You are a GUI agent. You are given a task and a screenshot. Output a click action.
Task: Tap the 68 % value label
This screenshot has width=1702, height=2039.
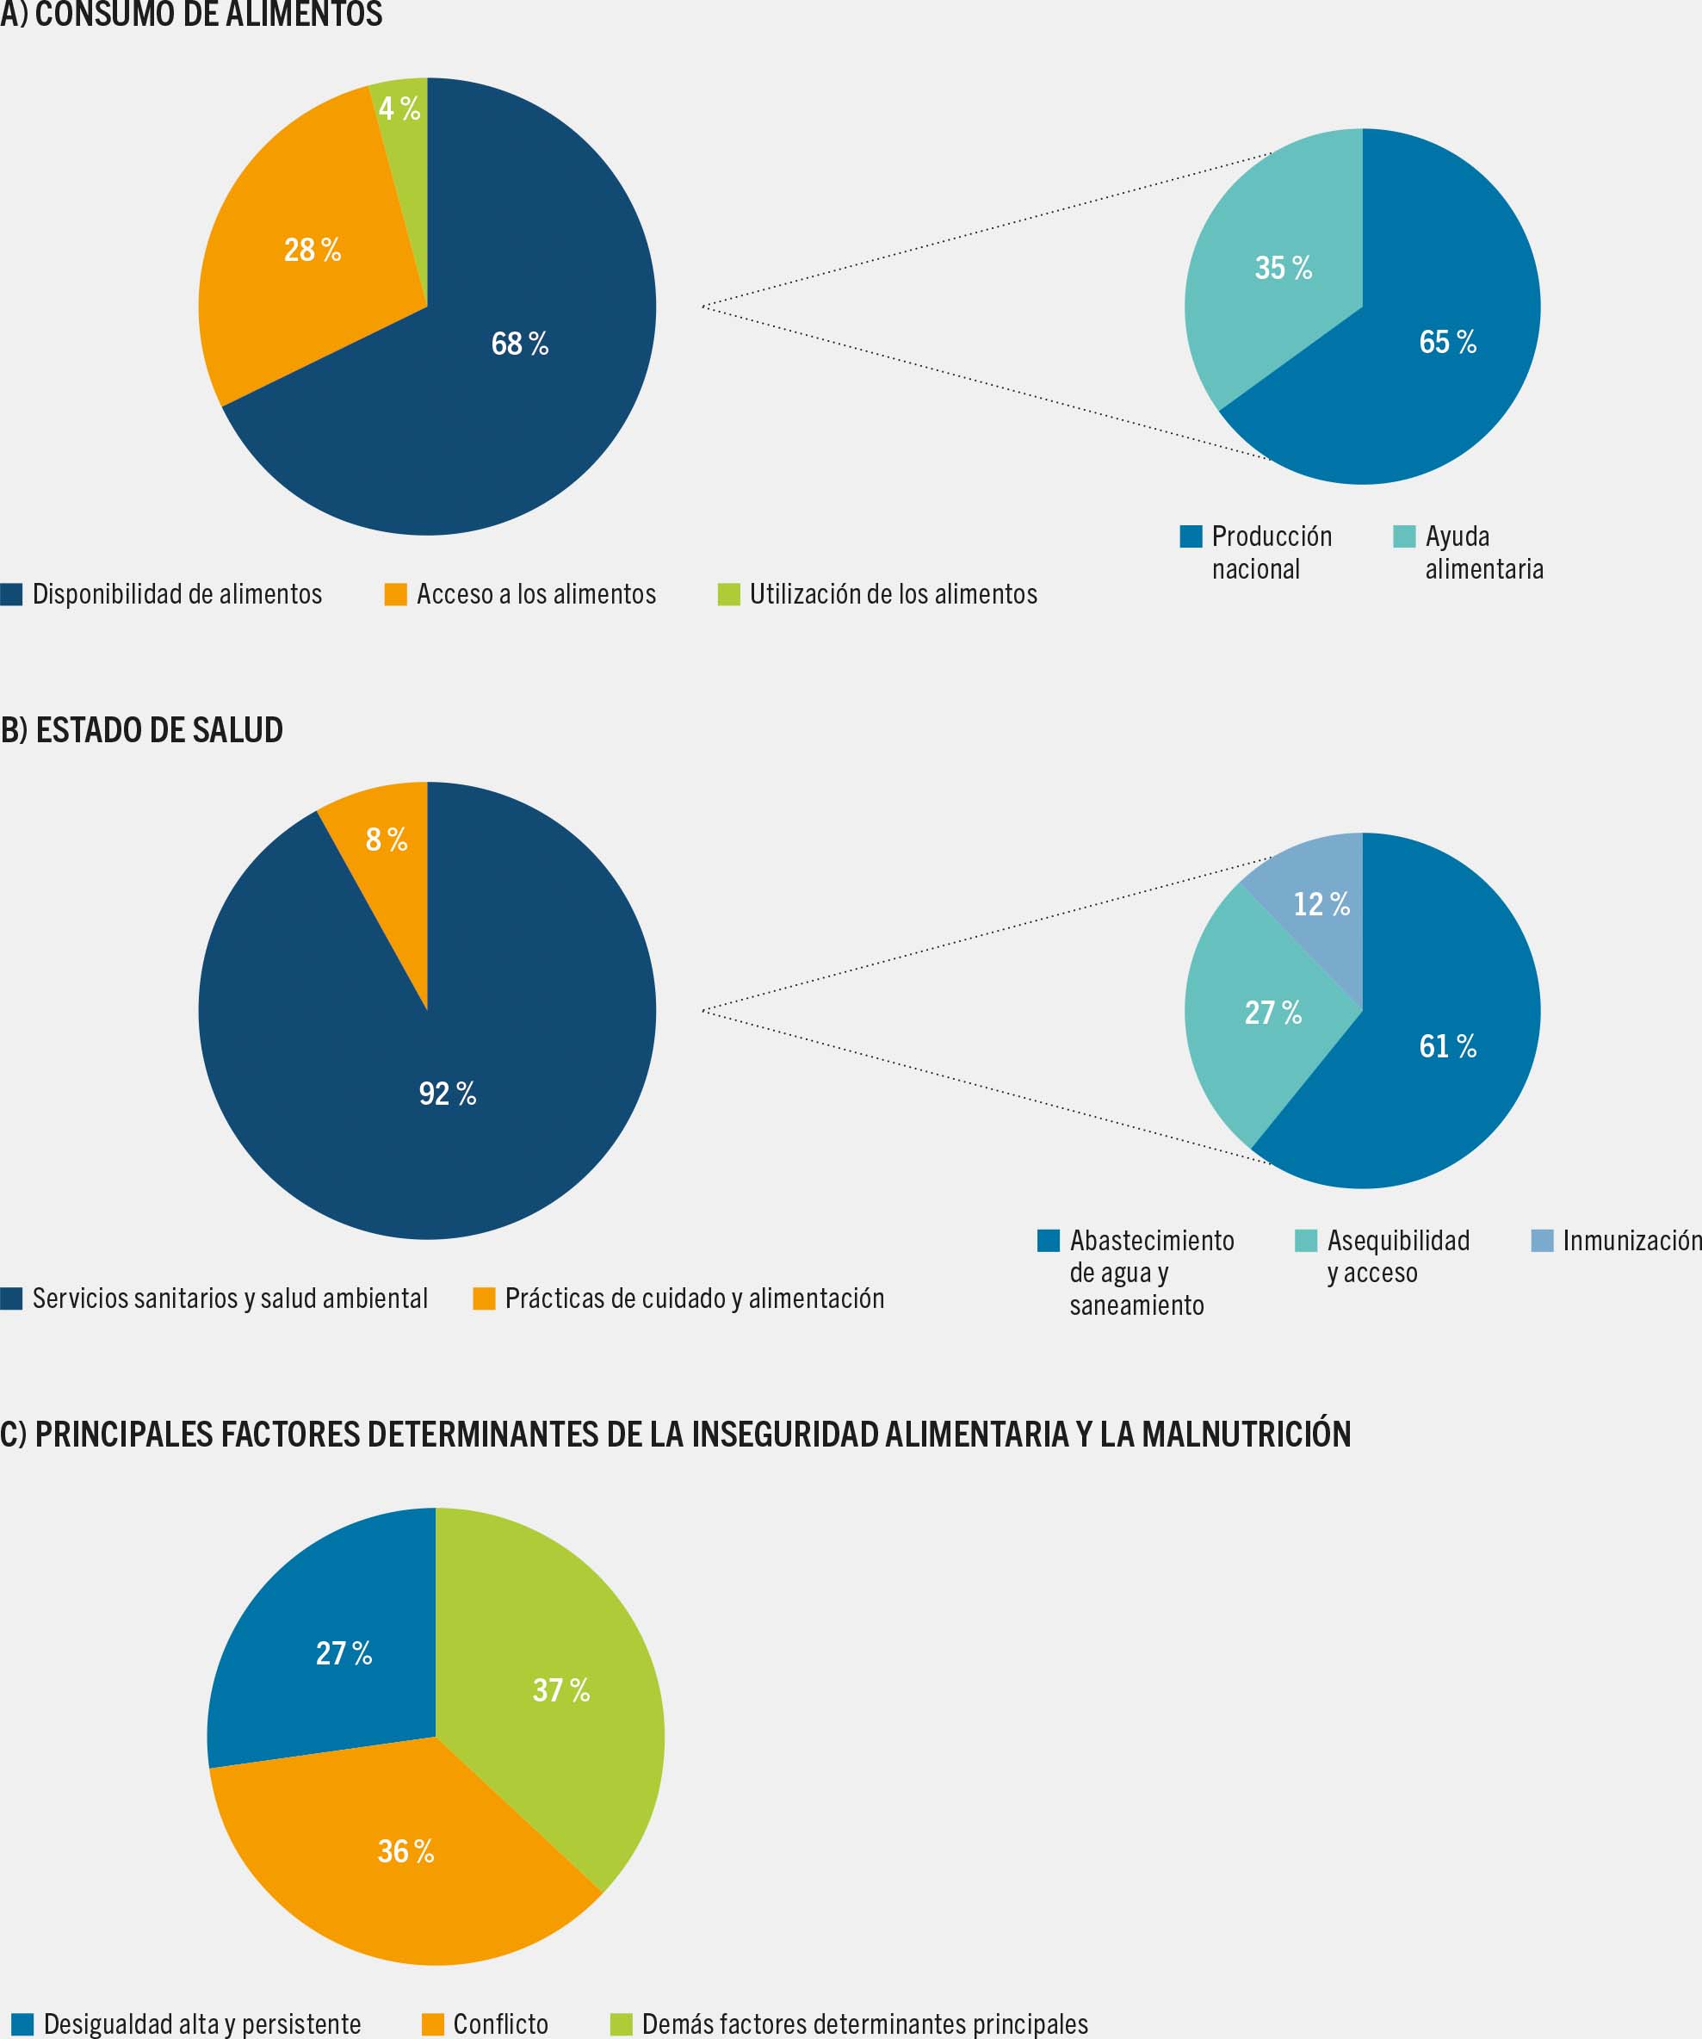point(519,343)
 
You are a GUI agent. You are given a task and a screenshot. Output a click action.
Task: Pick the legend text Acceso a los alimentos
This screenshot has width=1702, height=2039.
point(536,594)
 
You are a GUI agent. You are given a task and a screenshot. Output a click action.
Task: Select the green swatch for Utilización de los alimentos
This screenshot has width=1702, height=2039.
point(728,594)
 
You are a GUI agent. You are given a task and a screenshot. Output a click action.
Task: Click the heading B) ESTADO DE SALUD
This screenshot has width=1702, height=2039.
point(142,730)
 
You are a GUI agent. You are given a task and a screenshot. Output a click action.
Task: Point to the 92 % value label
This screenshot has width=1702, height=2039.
point(448,1094)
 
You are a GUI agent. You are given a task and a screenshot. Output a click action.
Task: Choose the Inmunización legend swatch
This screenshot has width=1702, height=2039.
point(1542,1240)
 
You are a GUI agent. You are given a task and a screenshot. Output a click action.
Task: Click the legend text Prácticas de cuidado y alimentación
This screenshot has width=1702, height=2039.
point(694,1298)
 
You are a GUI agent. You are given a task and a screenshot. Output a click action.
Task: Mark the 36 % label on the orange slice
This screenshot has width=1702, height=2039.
point(405,1850)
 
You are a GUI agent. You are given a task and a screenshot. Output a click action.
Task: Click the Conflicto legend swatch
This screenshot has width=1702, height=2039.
point(433,2024)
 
